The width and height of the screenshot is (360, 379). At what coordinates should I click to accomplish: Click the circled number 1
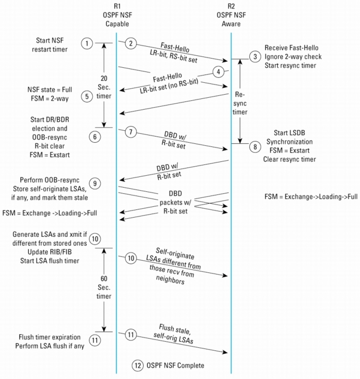coord(87,44)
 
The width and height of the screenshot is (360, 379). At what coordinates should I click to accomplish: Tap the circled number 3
coord(255,56)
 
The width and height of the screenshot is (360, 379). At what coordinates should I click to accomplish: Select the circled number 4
coord(219,72)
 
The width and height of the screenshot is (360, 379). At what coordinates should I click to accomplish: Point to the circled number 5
coord(87,97)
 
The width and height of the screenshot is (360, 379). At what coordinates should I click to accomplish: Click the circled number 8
coord(255,147)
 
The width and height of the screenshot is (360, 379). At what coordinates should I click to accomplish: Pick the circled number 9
coord(95,184)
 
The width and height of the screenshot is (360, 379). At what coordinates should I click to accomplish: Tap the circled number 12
coord(138,365)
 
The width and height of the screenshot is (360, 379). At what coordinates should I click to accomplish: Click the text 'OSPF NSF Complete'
coord(176,365)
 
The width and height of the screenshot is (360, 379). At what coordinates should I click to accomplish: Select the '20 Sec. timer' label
coord(104,87)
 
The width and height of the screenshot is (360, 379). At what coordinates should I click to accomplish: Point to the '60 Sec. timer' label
coord(104,287)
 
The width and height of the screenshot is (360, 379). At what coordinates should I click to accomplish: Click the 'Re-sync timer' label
coord(240,103)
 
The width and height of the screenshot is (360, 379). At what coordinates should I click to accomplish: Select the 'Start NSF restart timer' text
coord(50,45)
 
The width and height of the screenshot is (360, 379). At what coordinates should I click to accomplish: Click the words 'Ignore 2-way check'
coord(293,56)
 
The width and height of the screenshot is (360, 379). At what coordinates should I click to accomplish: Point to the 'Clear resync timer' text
coord(289,159)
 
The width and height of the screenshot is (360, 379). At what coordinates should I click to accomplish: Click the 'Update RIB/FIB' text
coord(50,252)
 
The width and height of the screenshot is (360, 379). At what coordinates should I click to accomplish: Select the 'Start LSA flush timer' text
coord(50,260)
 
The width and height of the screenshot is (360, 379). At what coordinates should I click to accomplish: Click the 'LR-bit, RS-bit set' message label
coord(174,56)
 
